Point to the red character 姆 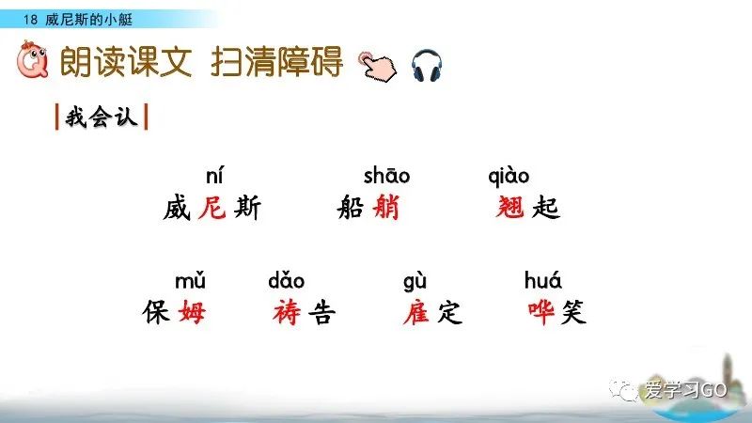coord(191,312)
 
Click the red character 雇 coord(415,312)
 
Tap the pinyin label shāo coord(387,177)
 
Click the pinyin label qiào coord(509,177)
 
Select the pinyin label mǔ coord(190,281)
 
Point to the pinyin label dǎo coord(286,281)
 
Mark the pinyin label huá coord(543,281)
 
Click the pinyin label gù coord(415,281)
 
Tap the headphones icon coord(427,65)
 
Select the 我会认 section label coord(101,119)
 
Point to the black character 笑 coord(572,312)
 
